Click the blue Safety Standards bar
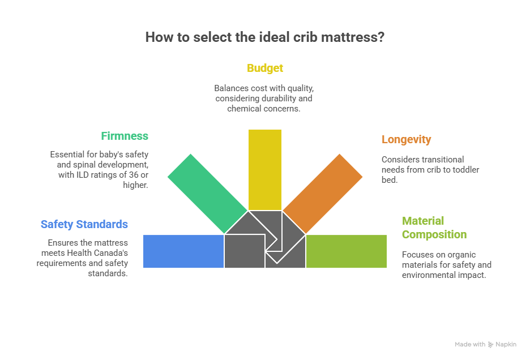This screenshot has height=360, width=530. [x=183, y=251]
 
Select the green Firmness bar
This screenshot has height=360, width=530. [x=207, y=192]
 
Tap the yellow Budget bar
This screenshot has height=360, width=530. [x=264, y=169]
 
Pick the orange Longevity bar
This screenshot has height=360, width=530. [x=323, y=192]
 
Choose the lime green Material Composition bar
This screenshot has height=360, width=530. [x=347, y=251]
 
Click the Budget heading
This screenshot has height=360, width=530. [x=264, y=68]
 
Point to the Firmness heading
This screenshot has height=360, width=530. [x=125, y=136]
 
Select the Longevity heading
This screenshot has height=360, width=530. [x=406, y=139]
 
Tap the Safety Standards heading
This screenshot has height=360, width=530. [x=84, y=224]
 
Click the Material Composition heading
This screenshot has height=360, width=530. [x=434, y=228]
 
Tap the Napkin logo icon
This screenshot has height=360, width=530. [x=490, y=344]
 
